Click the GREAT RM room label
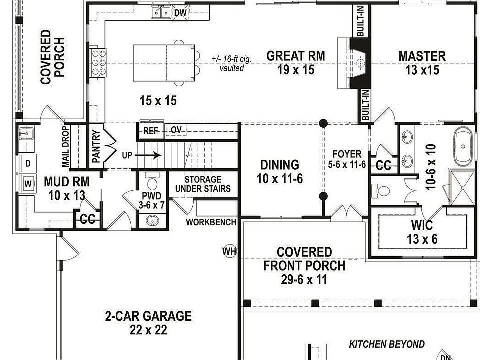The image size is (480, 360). pos(295,56)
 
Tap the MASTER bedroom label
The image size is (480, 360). pos(422,56)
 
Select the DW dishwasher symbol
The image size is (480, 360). pos(181,12)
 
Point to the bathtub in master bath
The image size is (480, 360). pos(463,146)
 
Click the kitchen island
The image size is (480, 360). pos(164,62)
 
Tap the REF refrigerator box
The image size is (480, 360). pos(150,130)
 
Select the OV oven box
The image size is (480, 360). pos(176,130)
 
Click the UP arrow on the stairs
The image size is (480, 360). pos(149,155)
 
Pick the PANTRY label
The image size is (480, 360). pos(96,145)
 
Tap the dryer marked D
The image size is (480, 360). pos(28,163)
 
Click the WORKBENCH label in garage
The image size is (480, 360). pos(211,222)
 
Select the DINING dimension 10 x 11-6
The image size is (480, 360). pos(279,178)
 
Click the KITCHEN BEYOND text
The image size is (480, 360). pos(387,344)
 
